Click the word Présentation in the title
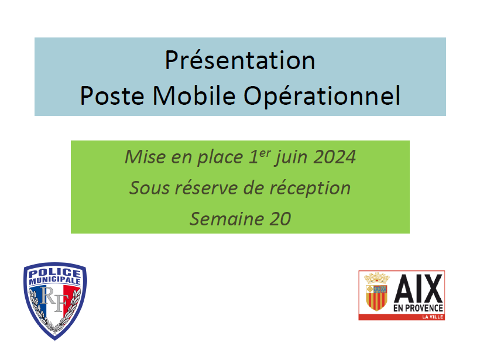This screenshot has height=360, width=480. [x=240, y=60]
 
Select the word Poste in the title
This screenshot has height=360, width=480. [x=112, y=95]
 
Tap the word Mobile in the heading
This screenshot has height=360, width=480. [x=194, y=95]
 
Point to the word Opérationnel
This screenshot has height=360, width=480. [x=322, y=96]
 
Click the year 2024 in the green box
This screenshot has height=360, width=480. [x=335, y=157]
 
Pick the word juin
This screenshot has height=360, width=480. [x=290, y=157]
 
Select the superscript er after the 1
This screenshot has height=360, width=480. [x=265, y=153]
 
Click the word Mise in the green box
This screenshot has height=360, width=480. [x=145, y=157]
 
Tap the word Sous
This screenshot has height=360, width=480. [x=149, y=188]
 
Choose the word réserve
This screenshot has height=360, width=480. [x=206, y=187]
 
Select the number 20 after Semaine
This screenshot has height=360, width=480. [x=280, y=219]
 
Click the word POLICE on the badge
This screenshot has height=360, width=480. [x=55, y=272]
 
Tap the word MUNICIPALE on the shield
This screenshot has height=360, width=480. [x=55, y=280]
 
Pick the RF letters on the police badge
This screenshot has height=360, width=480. [x=54, y=299]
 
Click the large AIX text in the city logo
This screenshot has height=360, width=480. [x=418, y=289]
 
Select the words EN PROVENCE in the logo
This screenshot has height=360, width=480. [x=418, y=308]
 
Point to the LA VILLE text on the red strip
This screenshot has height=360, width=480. [x=433, y=317]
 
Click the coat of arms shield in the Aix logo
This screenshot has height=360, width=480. [x=377, y=297]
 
